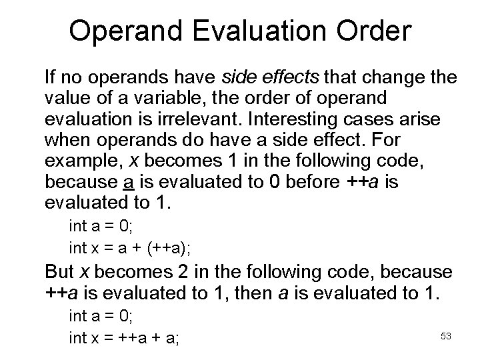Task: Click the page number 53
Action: pos(446,335)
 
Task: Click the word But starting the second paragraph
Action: pos(58,272)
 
